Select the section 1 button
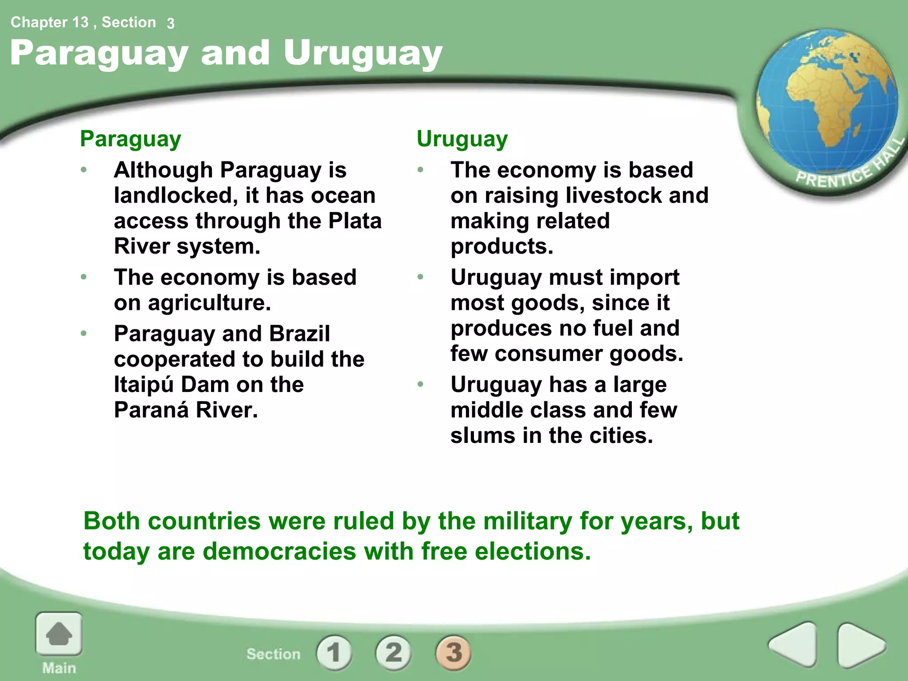pyautogui.click(x=334, y=653)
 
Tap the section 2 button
pyautogui.click(x=394, y=653)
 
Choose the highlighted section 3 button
pyautogui.click(x=454, y=653)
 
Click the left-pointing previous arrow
pyautogui.click(x=793, y=644)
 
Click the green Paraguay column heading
pyautogui.click(x=130, y=139)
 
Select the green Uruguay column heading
pyautogui.click(x=462, y=139)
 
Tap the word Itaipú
pyautogui.click(x=143, y=384)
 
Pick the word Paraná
pyautogui.click(x=151, y=410)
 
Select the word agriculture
pyautogui.click(x=209, y=303)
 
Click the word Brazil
pyautogui.click(x=300, y=334)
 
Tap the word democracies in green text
pyautogui.click(x=279, y=552)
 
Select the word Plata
pyautogui.click(x=355, y=221)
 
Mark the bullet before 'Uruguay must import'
pyautogui.click(x=420, y=278)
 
